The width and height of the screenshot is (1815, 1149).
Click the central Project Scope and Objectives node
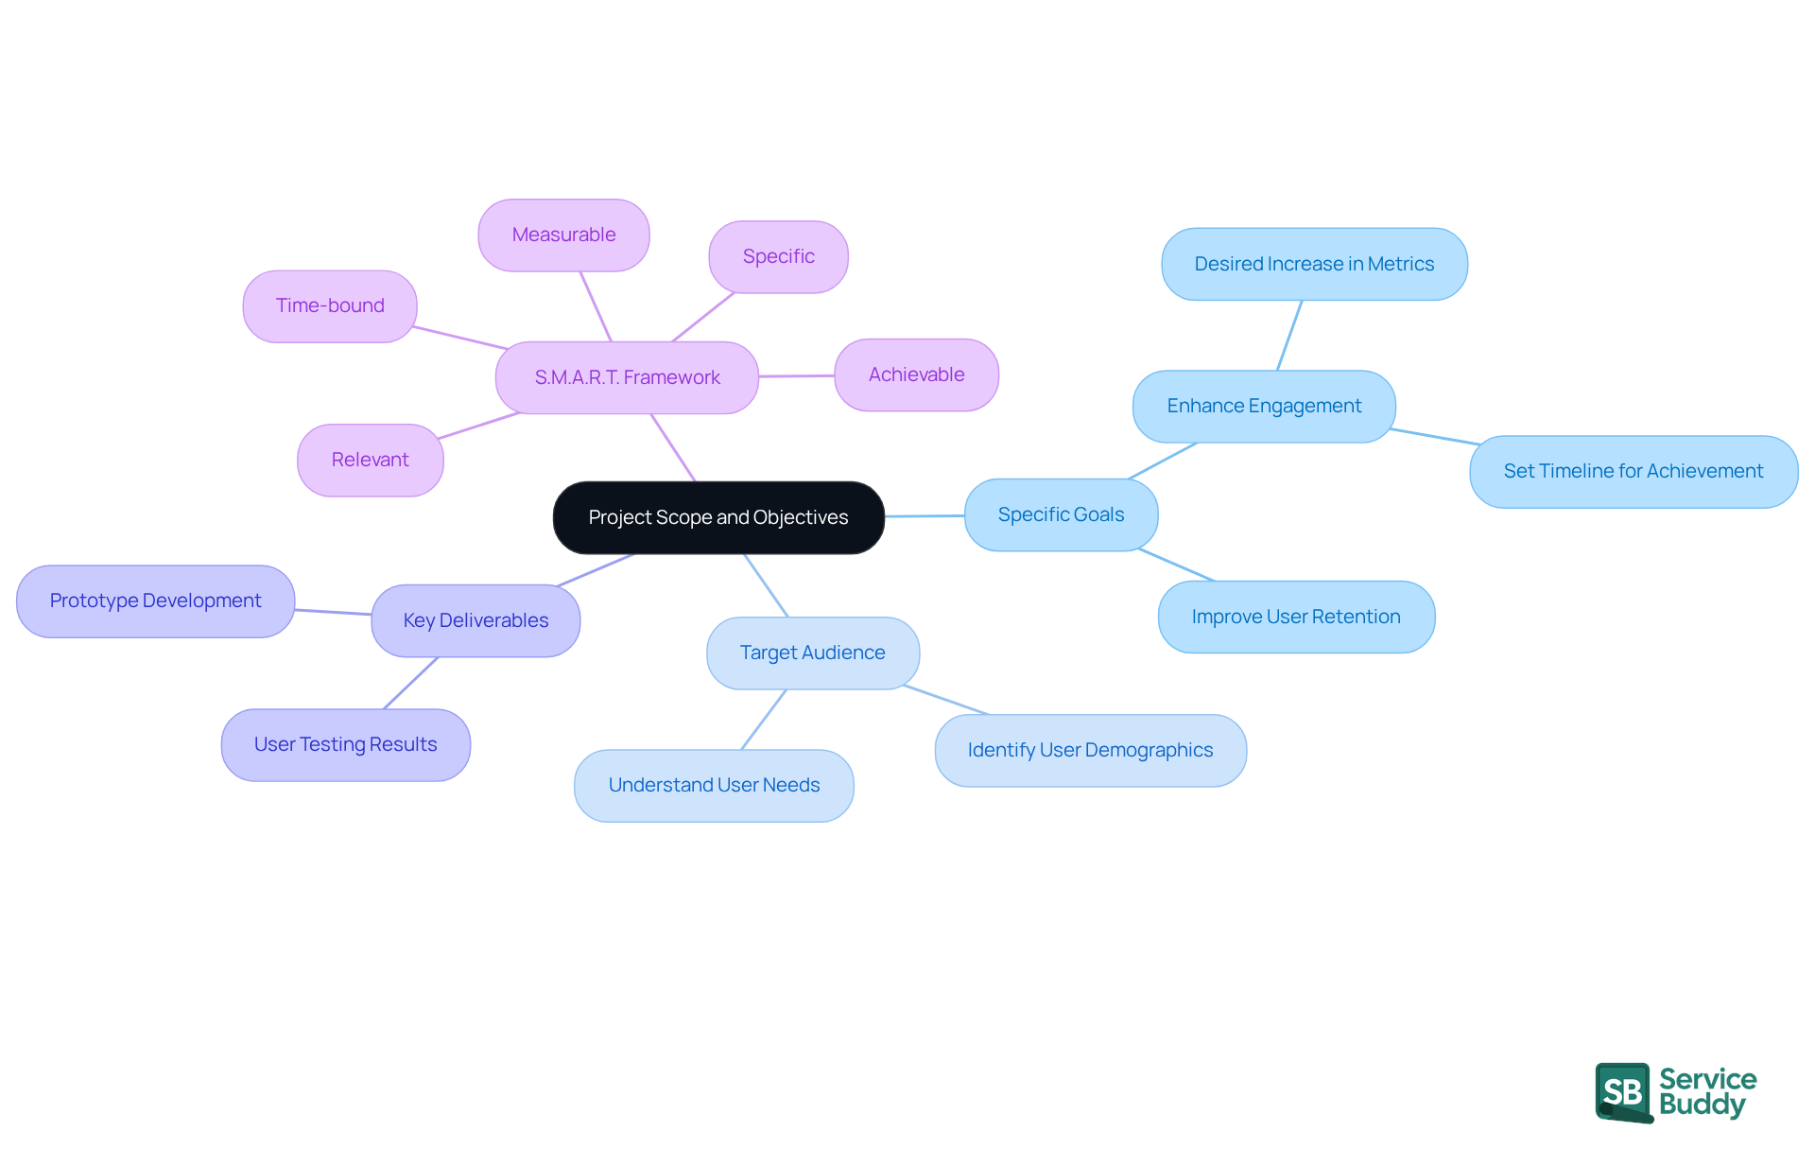point(718,517)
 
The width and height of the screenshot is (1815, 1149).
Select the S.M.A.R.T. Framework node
point(627,377)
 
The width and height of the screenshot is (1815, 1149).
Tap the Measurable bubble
point(563,235)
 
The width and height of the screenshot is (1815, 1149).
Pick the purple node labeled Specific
point(778,256)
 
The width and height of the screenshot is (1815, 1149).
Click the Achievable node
point(916,374)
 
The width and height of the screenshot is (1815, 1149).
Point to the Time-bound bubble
point(330,305)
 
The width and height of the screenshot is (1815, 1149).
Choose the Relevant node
point(370,460)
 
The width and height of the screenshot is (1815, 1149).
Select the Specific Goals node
point(1061,514)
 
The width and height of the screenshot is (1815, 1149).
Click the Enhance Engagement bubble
point(1264,406)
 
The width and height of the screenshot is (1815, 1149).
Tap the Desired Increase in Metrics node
point(1314,264)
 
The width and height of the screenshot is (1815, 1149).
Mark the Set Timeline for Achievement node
point(1633,471)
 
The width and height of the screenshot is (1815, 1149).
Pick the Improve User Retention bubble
point(1296,617)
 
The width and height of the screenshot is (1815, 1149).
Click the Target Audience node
point(812,653)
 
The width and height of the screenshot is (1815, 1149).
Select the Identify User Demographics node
point(1090,750)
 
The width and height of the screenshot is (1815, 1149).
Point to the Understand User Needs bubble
point(714,785)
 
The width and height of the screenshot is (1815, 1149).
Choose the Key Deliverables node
point(475,620)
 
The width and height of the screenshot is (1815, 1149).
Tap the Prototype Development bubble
point(156,601)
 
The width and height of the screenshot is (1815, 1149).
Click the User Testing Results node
point(345,744)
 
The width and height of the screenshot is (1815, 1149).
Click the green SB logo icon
point(1623,1091)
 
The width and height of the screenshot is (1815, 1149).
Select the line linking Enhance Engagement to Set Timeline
point(1434,436)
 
